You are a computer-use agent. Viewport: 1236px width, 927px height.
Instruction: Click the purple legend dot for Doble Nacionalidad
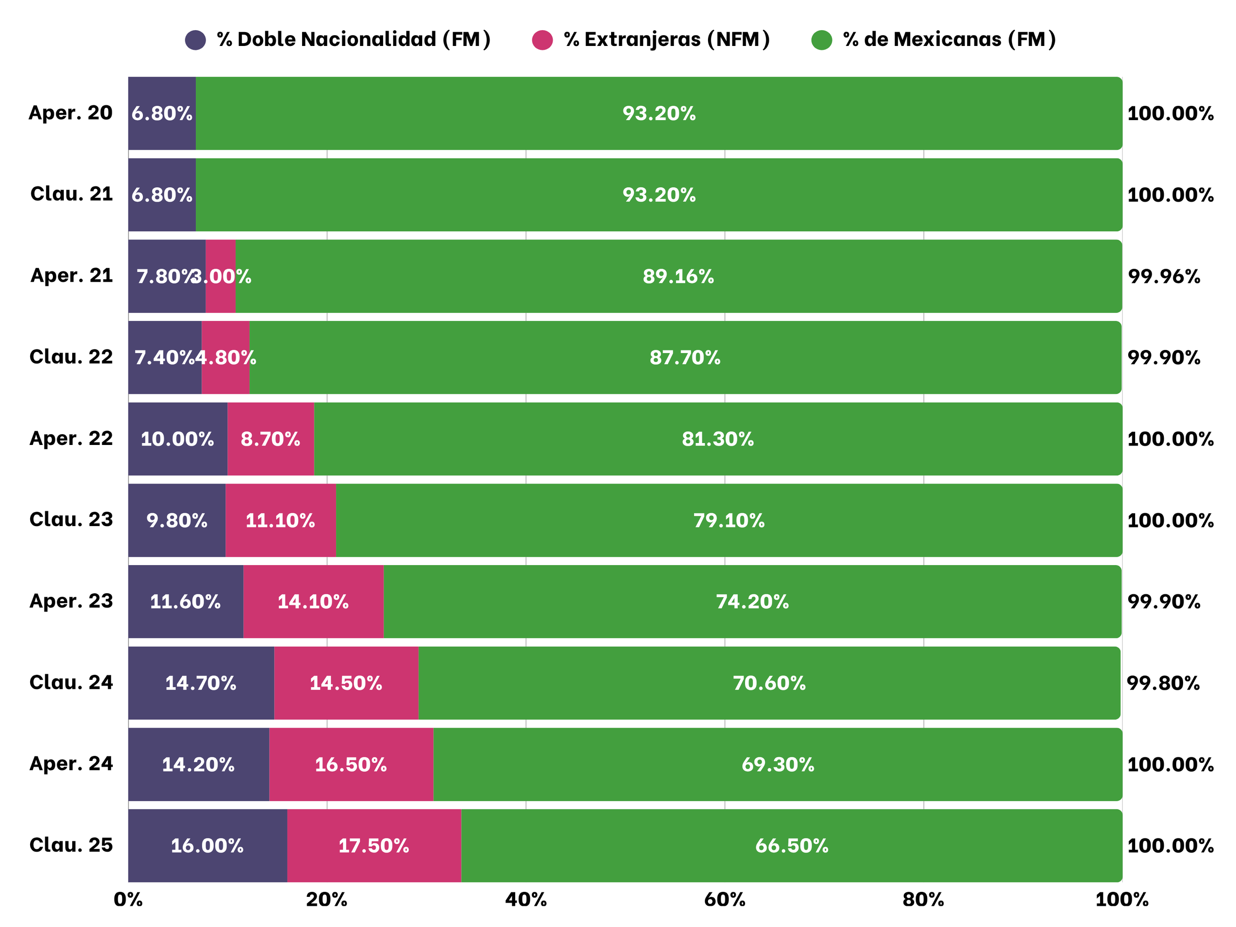(195, 40)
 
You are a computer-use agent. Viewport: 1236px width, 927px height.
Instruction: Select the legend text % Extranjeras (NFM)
(666, 40)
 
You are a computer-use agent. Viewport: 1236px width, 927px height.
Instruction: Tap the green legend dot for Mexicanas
(821, 40)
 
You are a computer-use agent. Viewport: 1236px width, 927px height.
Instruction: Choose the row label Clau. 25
(71, 845)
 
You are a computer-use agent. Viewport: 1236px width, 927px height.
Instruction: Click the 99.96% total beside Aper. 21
(1164, 276)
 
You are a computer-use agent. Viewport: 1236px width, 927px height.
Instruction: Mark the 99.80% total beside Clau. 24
(1163, 683)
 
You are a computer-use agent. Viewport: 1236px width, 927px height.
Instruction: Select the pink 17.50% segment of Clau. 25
(374, 845)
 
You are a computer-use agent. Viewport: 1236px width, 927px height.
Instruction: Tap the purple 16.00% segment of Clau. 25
(207, 845)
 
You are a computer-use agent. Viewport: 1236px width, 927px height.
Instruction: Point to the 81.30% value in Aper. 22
(717, 439)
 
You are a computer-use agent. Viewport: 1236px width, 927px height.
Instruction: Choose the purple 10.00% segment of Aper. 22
(177, 439)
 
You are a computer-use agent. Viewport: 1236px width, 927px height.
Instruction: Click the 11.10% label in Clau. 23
(280, 520)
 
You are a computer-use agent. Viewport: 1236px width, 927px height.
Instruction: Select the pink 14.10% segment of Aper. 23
(313, 602)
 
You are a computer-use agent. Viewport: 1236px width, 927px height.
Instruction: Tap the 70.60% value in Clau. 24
(769, 683)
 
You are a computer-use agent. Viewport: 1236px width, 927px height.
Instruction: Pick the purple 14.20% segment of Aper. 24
(198, 764)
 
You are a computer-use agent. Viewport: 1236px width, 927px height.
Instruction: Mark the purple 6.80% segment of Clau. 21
(162, 194)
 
